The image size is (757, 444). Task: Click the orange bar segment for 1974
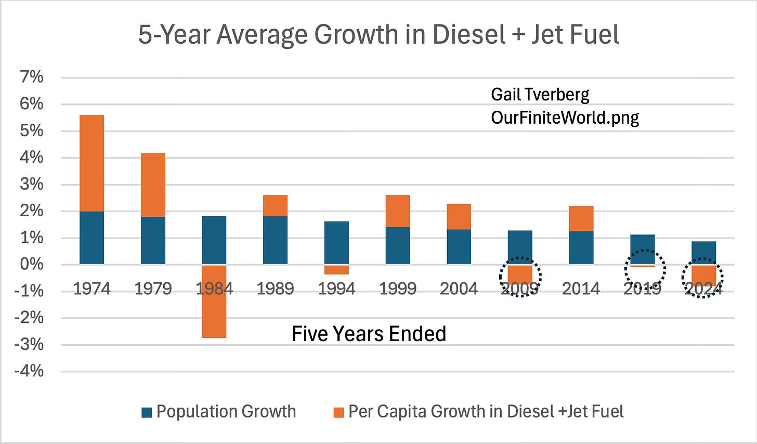[x=92, y=163]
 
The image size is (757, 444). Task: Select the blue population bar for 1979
[x=153, y=240]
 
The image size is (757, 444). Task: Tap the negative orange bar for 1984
[x=214, y=302]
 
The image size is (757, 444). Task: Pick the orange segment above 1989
[x=275, y=205]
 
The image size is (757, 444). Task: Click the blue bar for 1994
[x=336, y=243]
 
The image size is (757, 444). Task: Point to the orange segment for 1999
[x=398, y=211]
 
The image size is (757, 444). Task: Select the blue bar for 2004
[x=459, y=246]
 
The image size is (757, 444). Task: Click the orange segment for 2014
[x=581, y=219]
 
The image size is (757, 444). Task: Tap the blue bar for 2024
[x=703, y=252]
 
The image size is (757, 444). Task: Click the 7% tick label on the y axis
[x=31, y=77]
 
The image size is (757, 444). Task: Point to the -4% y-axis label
[x=29, y=371]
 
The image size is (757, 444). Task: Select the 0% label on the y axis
[x=31, y=264]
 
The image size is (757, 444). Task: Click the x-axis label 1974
[x=92, y=289]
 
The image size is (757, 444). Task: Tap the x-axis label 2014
[x=581, y=289]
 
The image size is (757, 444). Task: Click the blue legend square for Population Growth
[x=146, y=413]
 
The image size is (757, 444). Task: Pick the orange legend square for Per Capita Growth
[x=338, y=413]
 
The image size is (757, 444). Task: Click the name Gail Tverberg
[x=540, y=95]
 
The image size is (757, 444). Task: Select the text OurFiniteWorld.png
[x=565, y=118]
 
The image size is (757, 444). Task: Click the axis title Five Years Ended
[x=369, y=334]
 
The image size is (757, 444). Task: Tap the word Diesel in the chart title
[x=469, y=34]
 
